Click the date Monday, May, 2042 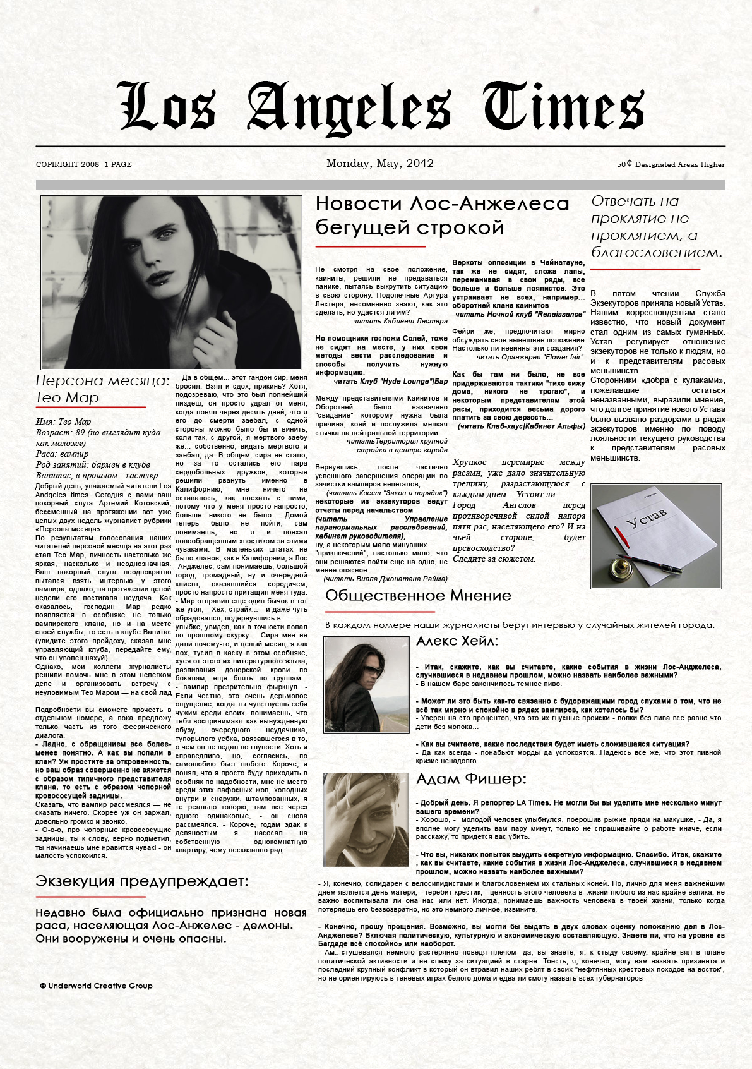pyautogui.click(x=379, y=164)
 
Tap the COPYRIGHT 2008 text pyautogui.click(x=68, y=164)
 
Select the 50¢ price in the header pyautogui.click(x=624, y=164)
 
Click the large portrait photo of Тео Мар pyautogui.click(x=171, y=282)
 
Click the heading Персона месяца pyautogui.click(x=102, y=381)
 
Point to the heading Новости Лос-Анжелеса pyautogui.click(x=442, y=204)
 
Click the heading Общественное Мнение pyautogui.click(x=418, y=596)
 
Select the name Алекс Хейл pyautogui.click(x=457, y=642)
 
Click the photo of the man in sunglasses pyautogui.click(x=366, y=684)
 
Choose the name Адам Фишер pyautogui.click(x=471, y=779)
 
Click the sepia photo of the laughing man pyautogui.click(x=366, y=819)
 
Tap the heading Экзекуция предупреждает pyautogui.click(x=142, y=881)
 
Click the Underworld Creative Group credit pyautogui.click(x=97, y=986)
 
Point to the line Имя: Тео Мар pyautogui.click(x=64, y=422)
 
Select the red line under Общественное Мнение pyautogui.click(x=379, y=612)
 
